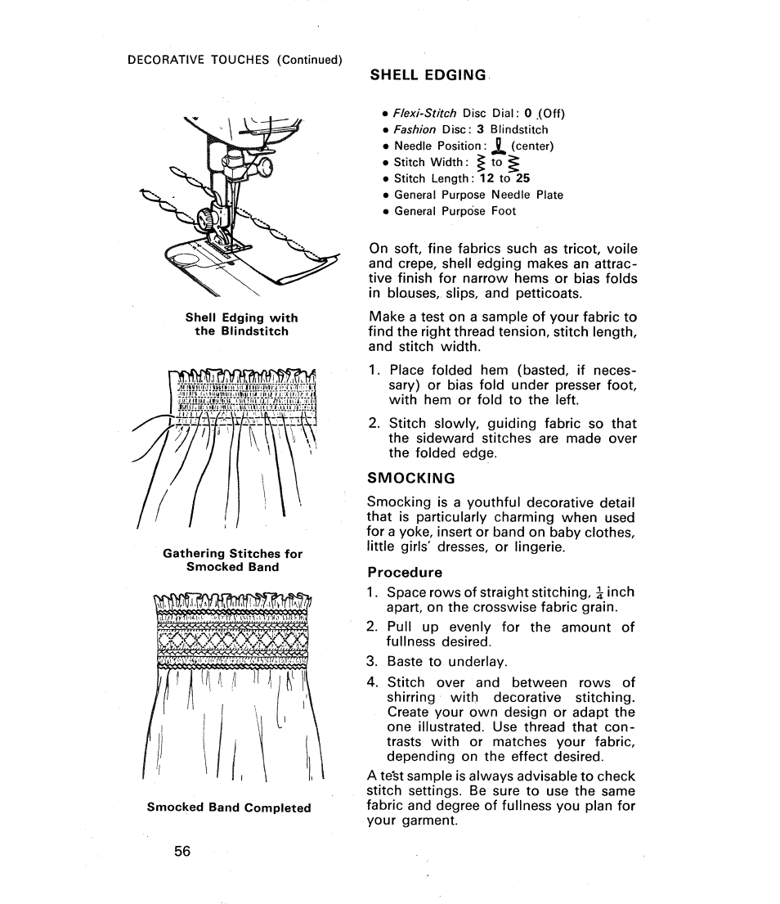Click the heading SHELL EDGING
click(x=428, y=74)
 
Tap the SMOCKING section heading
click(x=410, y=478)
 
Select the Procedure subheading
click(x=405, y=572)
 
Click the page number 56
click(x=182, y=851)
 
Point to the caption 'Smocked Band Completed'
click(x=229, y=807)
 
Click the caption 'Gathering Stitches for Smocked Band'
click(x=232, y=560)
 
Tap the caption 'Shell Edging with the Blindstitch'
click(x=241, y=324)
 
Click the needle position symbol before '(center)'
click(x=496, y=146)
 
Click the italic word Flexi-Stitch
click(x=425, y=113)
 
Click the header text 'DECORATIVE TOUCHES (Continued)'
click(x=235, y=59)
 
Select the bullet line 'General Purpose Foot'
click(x=455, y=211)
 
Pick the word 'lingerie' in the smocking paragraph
click(x=533, y=546)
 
